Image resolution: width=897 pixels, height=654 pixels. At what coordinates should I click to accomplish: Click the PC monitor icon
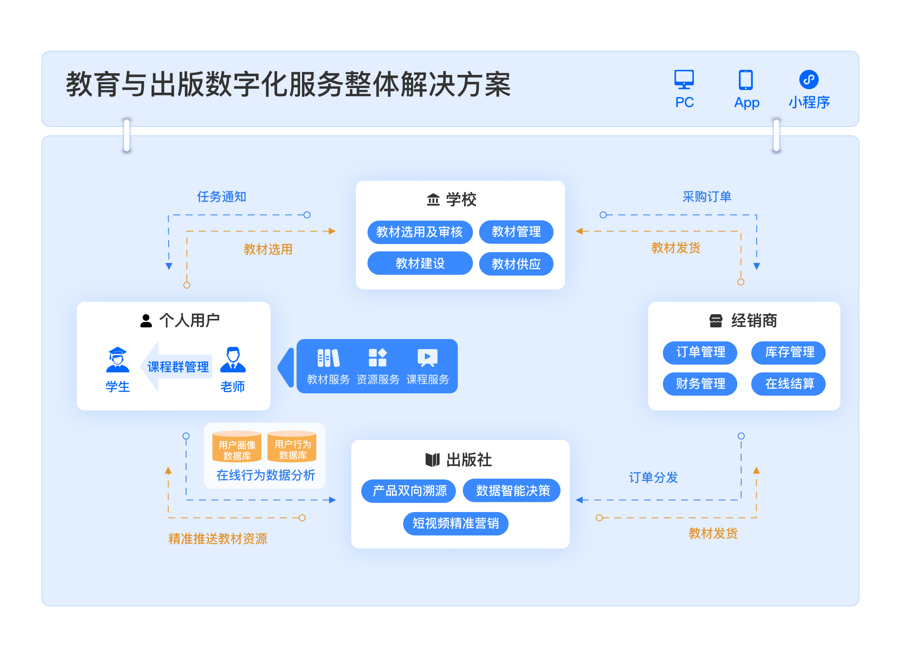[684, 79]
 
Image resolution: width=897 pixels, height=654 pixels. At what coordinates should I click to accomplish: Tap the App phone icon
[745, 80]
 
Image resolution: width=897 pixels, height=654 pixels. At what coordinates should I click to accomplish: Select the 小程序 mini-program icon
[808, 80]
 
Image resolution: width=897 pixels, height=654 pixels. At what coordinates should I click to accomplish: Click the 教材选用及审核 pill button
[420, 232]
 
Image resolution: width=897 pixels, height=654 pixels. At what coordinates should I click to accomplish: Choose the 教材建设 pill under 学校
[420, 263]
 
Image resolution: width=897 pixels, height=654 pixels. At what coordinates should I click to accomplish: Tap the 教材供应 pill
[516, 264]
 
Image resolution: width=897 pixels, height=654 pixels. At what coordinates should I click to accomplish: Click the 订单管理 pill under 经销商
[700, 352]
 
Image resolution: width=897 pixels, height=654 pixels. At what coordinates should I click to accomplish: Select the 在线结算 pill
[788, 384]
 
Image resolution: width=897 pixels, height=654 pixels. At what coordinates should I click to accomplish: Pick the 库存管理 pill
[788, 352]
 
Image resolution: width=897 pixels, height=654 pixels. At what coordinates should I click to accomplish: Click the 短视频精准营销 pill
[455, 523]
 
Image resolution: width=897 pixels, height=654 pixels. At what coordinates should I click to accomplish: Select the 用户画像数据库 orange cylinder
[236, 446]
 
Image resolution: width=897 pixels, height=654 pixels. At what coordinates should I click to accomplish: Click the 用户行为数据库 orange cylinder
[292, 446]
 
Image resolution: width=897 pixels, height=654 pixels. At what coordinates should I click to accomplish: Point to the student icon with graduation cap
[117, 360]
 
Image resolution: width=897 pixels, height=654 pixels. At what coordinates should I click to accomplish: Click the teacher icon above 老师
[233, 360]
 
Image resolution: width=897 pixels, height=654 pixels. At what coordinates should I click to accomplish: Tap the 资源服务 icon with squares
[377, 358]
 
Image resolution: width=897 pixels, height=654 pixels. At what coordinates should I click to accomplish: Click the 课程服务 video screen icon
[427, 358]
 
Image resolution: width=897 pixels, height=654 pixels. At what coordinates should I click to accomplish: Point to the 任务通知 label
[221, 197]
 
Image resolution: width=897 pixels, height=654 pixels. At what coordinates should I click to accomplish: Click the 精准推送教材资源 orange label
[217, 539]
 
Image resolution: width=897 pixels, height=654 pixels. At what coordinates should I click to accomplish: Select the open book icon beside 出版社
[432, 460]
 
